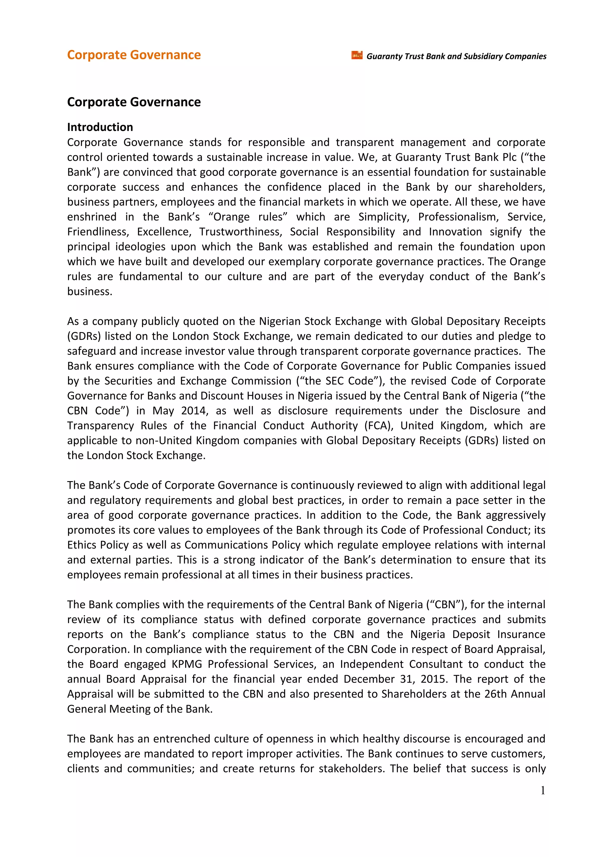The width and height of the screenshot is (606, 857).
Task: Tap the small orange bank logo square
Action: pyautogui.click(x=356, y=55)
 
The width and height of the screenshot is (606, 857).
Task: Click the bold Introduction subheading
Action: pyautogui.click(x=100, y=127)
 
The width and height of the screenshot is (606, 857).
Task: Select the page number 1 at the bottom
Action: pyautogui.click(x=543, y=790)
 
